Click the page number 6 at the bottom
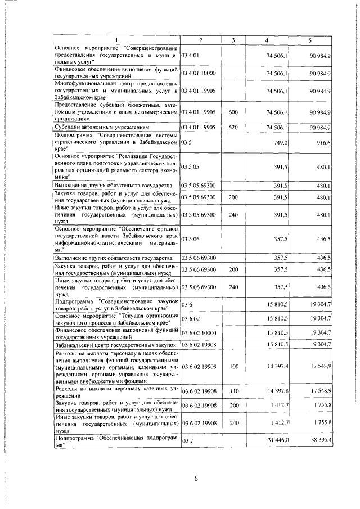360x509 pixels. pyautogui.click(x=196, y=478)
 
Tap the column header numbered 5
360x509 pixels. pyautogui.click(x=310, y=40)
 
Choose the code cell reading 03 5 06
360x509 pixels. pyautogui.click(x=191, y=238)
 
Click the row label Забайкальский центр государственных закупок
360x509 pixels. pyautogui.click(x=116, y=344)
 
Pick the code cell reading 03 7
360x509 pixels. pyautogui.click(x=187, y=442)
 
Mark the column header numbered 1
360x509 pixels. pyautogui.click(x=117, y=40)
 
